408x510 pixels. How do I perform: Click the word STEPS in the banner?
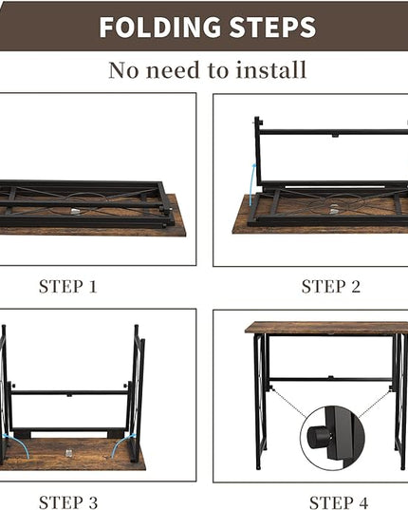point(272,27)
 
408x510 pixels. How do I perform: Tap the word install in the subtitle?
point(271,69)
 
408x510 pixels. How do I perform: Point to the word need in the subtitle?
point(172,70)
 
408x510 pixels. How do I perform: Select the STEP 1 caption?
point(68,287)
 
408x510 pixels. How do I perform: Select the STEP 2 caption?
point(331,287)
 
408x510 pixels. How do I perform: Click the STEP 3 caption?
point(68,502)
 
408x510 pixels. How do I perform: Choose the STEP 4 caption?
point(339,502)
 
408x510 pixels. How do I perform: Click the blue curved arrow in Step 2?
point(251,183)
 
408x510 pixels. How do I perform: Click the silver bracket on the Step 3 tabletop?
point(68,453)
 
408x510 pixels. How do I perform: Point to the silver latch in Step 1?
point(74,212)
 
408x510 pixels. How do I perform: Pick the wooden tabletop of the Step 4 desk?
point(326,328)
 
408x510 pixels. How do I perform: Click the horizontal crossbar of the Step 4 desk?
point(331,379)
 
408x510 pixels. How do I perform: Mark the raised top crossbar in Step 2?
point(334,132)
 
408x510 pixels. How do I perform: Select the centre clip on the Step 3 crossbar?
point(69,395)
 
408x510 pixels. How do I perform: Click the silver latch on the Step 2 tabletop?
point(333,212)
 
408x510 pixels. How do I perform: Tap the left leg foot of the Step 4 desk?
point(258,467)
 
